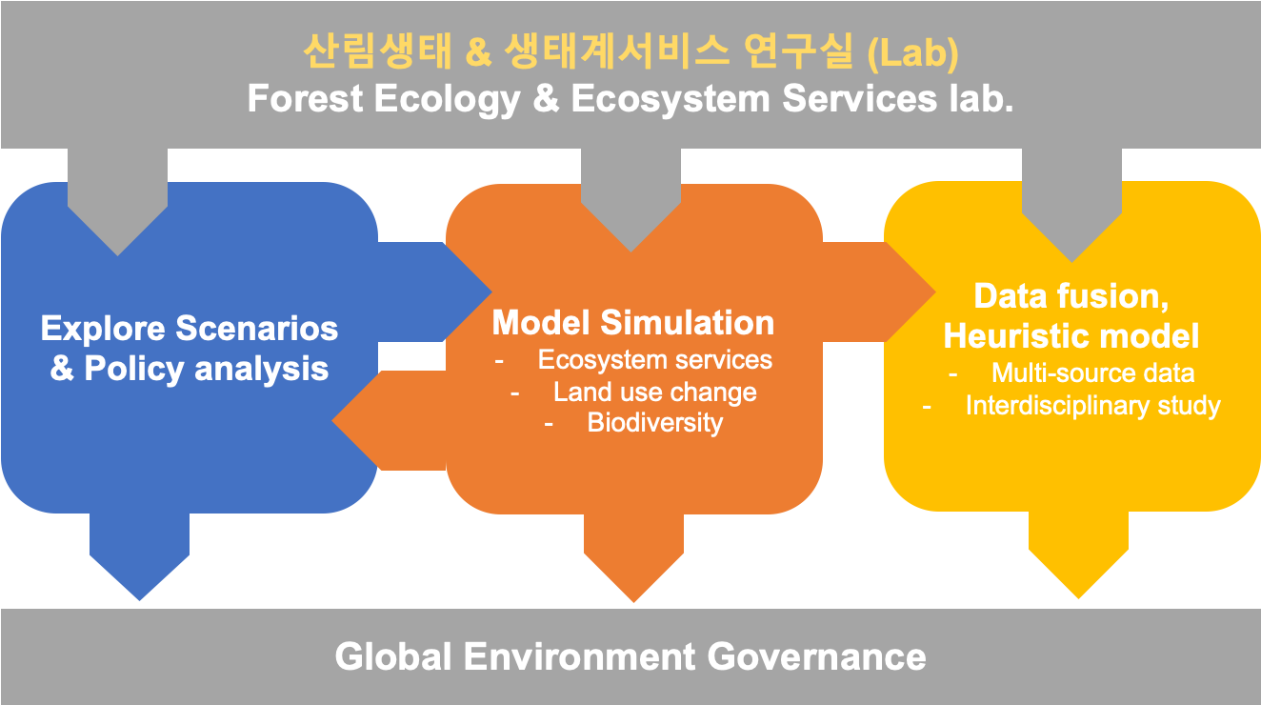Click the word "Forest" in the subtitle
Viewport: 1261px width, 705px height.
tap(306, 98)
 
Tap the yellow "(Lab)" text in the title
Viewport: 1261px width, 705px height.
tap(912, 53)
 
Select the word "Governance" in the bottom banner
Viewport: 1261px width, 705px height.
tap(816, 657)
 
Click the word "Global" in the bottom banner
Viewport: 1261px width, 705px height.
tap(393, 657)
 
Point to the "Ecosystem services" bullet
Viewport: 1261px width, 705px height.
tap(654, 360)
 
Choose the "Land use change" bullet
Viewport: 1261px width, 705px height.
tap(654, 393)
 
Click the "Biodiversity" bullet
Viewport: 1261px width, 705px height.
tap(654, 423)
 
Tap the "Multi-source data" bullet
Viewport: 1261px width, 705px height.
tap(1092, 373)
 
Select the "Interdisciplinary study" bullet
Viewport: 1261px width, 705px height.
tap(1092, 406)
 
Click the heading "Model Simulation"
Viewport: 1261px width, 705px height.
tap(633, 323)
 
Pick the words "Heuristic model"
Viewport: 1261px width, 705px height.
tap(1071, 336)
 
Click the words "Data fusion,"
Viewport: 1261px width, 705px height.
tap(1071, 296)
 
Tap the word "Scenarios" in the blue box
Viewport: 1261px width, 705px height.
tap(257, 329)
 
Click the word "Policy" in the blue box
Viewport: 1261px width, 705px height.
tap(134, 370)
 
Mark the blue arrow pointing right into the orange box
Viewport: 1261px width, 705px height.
tap(434, 292)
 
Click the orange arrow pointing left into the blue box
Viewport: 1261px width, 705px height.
tap(390, 420)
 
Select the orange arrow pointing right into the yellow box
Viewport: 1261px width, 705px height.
tap(879, 292)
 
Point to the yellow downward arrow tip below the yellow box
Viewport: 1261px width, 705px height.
tap(1078, 598)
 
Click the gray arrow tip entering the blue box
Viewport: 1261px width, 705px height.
tap(118, 255)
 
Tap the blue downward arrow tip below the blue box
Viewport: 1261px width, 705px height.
tap(140, 600)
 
